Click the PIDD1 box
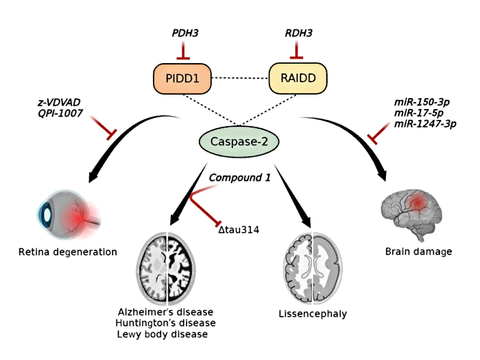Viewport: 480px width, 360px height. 182,78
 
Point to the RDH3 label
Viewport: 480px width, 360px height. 298,33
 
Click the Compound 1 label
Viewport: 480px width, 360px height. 240,178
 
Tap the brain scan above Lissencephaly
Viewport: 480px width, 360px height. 312,267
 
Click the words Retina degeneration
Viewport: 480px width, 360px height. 68,252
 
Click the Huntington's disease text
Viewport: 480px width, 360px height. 166,323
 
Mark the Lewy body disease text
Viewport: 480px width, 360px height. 161,334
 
